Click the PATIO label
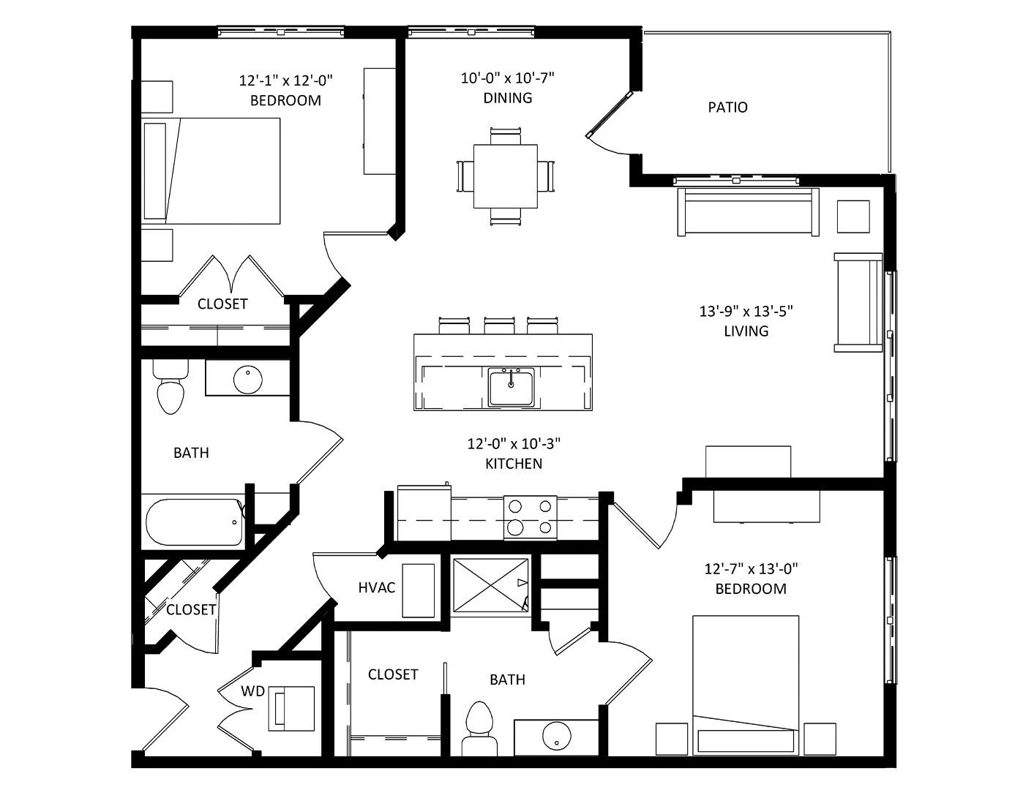727,108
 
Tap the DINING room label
508,98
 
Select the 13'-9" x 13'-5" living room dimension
746,311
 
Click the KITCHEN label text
514,464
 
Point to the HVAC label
377,587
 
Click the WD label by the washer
252,691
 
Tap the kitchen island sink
511,387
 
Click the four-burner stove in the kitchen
530,518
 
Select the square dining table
506,176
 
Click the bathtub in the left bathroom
195,522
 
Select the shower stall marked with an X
490,586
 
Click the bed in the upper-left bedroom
211,170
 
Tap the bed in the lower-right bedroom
746,686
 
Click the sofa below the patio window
748,211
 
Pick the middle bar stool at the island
499,326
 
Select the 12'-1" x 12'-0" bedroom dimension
286,80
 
